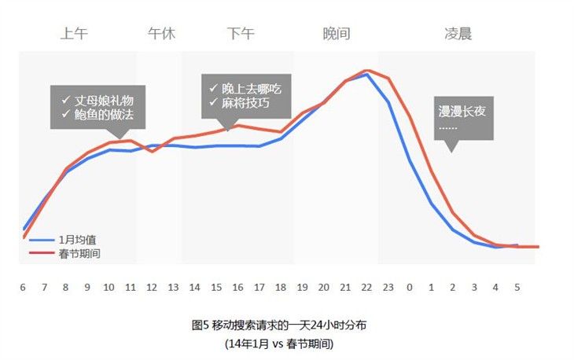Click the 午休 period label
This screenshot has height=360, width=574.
coord(161,34)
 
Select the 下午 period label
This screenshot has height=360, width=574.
coord(241,34)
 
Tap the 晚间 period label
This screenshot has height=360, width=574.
coord(337,34)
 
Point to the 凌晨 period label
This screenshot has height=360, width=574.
coord(458,34)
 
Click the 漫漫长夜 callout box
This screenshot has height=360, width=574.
coord(463,117)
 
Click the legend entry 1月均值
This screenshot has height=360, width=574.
coord(79,239)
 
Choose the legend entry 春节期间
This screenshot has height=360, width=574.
coord(79,253)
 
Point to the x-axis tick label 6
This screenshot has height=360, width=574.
coord(23,287)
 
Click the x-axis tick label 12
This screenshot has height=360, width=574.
coord(152,287)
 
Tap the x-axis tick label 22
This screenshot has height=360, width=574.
coord(366,287)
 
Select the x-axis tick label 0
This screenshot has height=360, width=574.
coord(410,287)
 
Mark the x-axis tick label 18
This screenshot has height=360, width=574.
coord(281,287)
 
